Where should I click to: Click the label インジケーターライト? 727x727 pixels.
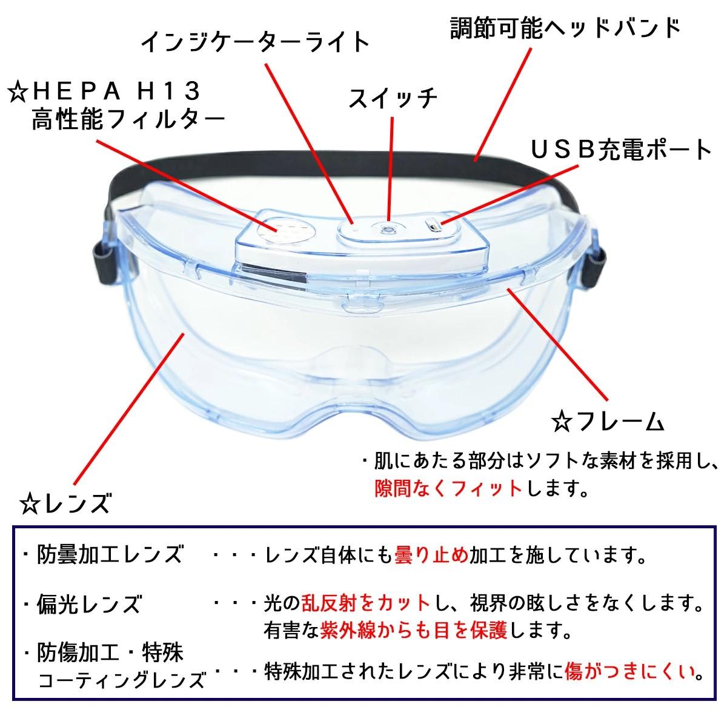pyautogui.click(x=256, y=42)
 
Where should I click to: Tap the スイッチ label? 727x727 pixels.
pyautogui.click(x=393, y=98)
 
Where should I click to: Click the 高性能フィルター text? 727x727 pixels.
pyautogui.click(x=128, y=121)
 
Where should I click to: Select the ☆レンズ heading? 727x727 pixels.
pyautogui.click(x=65, y=503)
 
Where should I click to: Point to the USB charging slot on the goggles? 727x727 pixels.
pyautogui.click(x=433, y=225)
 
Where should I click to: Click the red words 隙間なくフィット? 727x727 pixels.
pyautogui.click(x=449, y=488)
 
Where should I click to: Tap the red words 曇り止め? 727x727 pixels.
pyautogui.click(x=431, y=554)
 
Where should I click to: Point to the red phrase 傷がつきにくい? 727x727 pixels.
pyautogui.click(x=629, y=671)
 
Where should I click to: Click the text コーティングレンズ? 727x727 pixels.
pyautogui.click(x=121, y=680)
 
